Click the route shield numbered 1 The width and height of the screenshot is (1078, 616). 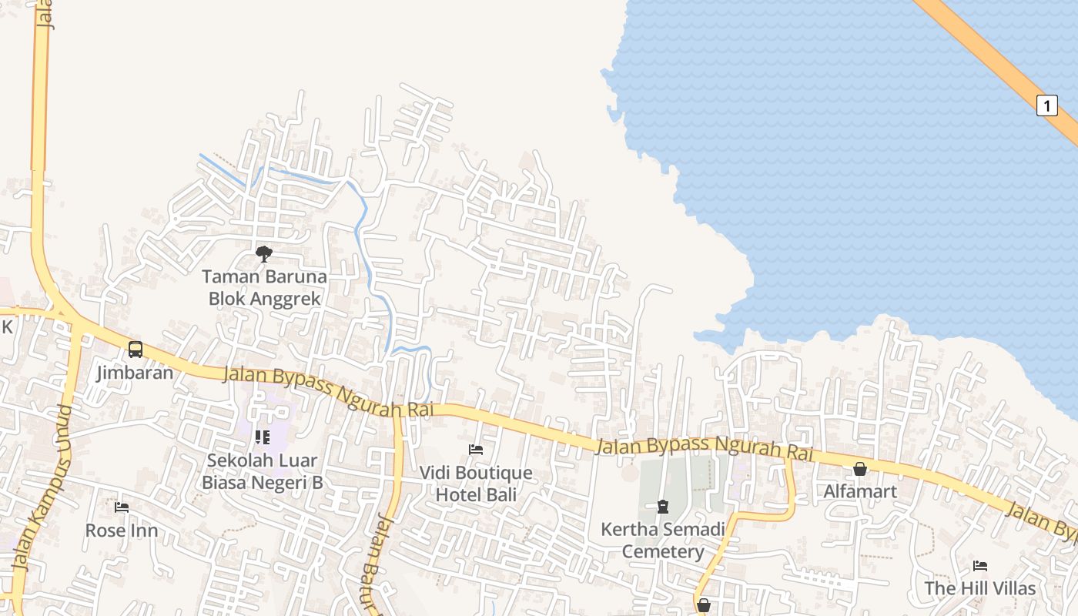pos(1046,105)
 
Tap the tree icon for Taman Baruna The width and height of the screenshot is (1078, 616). pos(264,253)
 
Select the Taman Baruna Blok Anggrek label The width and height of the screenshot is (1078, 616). pos(264,287)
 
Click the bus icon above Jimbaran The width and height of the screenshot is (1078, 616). pos(136,350)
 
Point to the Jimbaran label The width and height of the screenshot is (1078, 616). pos(136,373)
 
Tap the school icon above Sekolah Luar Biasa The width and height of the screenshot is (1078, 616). pos(263,437)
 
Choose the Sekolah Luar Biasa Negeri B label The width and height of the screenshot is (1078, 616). pos(263,471)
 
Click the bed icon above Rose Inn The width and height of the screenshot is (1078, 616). pos(122,507)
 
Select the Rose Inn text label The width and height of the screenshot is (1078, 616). pos(122,531)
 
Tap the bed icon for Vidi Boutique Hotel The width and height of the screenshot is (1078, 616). pos(476,450)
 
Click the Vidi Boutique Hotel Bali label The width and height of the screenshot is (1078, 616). pos(476,484)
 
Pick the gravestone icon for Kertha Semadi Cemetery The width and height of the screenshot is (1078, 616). pos(662,507)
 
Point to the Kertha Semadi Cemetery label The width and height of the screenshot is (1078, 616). pos(662,541)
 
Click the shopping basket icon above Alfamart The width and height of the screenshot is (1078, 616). pos(860,469)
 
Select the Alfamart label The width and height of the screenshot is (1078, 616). pos(860,491)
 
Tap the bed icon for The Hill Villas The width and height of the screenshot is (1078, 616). pos(979,566)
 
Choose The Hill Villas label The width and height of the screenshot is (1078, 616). pos(979,588)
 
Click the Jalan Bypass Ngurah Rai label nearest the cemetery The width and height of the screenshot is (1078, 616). pos(705,448)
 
